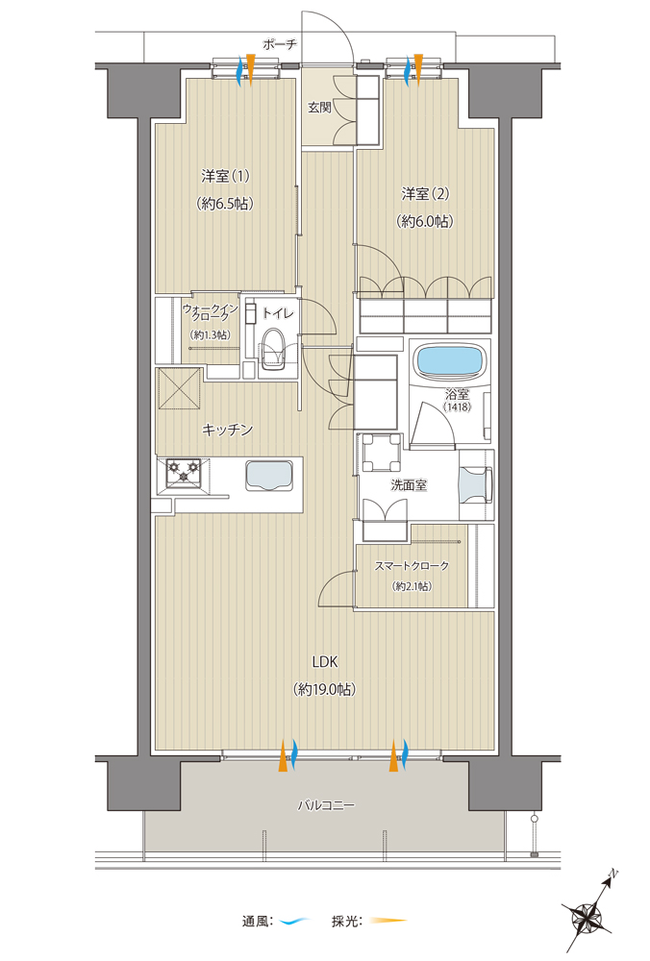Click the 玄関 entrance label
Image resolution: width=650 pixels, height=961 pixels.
[319, 108]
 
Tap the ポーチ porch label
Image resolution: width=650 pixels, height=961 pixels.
[280, 44]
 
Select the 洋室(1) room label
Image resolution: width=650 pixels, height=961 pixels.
[226, 177]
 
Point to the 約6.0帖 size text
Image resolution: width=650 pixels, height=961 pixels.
[425, 221]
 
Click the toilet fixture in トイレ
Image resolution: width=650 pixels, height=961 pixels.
[273, 351]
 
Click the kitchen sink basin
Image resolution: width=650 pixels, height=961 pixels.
[270, 475]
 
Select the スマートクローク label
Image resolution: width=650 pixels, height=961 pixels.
[412, 566]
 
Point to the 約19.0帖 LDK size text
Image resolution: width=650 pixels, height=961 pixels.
[324, 689]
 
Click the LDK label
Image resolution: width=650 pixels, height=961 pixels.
[324, 662]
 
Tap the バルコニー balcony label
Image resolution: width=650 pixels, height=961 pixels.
[326, 805]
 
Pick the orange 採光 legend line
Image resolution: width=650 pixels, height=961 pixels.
[387, 920]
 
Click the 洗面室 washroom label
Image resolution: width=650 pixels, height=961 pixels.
[409, 485]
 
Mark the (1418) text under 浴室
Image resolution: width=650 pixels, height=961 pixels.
[459, 407]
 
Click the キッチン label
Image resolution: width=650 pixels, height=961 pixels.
[228, 430]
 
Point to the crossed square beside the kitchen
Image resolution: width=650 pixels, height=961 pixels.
[180, 388]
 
